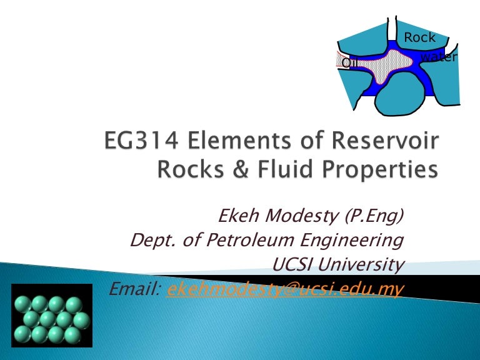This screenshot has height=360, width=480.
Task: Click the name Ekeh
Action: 239,217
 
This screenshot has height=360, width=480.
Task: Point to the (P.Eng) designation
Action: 373,217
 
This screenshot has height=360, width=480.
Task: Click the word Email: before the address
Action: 136,287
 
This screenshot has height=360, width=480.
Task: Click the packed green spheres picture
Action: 51,319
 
